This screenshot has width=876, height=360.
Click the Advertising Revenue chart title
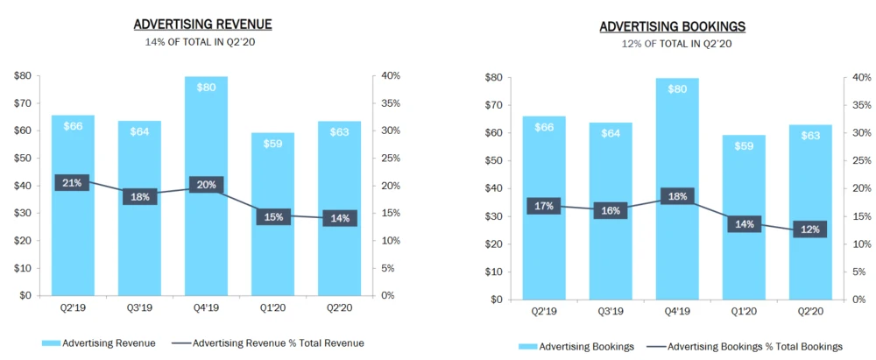pos(201,24)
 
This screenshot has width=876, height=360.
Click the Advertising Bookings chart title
pos(672,26)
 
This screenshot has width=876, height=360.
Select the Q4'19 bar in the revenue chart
pos(206,236)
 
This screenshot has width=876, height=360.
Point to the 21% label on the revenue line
pos(72,183)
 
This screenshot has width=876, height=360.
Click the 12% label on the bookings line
pos(809,230)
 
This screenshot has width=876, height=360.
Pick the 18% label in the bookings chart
pos(676,197)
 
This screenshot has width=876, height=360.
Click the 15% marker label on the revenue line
pos(273,216)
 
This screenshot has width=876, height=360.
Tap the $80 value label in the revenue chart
pos(206,87)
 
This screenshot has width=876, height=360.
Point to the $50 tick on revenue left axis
pos(25,158)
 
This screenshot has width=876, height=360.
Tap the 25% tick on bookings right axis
pos(860,160)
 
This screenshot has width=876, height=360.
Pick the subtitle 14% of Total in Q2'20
pos(201,41)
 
